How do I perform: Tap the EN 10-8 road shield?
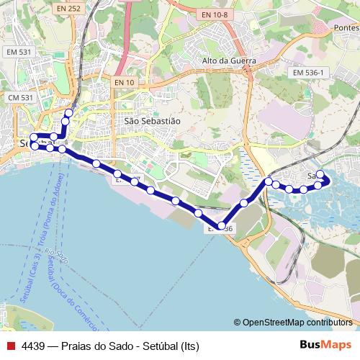pyautogui.click(x=214, y=14)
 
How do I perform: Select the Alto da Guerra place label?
pyautogui.click(x=230, y=61)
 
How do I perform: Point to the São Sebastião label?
pyautogui.click(x=152, y=121)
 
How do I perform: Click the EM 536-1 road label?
pyautogui.click(x=310, y=73)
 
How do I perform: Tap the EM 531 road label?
pyautogui.click(x=19, y=52)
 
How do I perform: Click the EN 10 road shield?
pyautogui.click(x=124, y=83)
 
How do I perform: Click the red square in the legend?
pyautogui.click(x=9, y=345)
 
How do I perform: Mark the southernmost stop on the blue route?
pyautogui.click(x=222, y=226)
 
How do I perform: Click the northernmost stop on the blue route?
pyautogui.click(x=69, y=112)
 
